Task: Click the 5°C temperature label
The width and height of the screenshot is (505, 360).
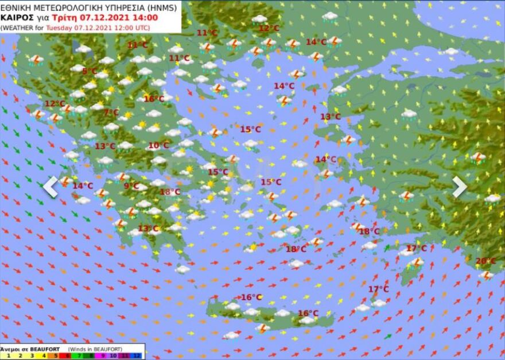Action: coord(90,71)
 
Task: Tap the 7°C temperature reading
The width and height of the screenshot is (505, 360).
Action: coord(111,112)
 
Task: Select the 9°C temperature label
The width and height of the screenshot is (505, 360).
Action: coord(131,185)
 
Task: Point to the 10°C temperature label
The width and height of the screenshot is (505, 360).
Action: coord(158,145)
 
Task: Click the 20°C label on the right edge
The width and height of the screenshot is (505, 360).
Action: coord(485,261)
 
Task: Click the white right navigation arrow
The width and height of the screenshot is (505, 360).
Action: coord(460,187)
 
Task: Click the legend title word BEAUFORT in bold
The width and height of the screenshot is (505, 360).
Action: coord(45,349)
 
